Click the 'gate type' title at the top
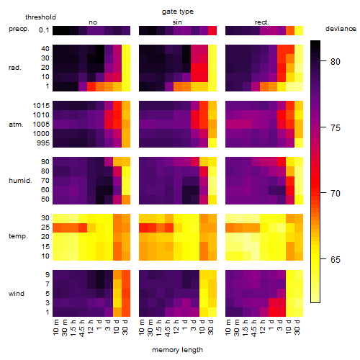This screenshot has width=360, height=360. pyautogui.click(x=178, y=12)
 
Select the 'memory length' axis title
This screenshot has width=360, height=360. pyautogui.click(x=177, y=350)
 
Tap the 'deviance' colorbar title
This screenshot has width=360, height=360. pyautogui.click(x=341, y=29)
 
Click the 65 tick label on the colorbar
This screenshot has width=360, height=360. pyautogui.click(x=336, y=259)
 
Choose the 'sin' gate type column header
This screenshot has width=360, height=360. pyautogui.click(x=177, y=22)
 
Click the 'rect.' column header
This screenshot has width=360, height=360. pyautogui.click(x=261, y=22)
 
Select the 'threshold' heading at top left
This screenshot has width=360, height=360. pyautogui.click(x=40, y=17)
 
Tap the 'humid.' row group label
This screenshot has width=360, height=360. pyautogui.click(x=20, y=180)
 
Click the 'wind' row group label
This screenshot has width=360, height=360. pyautogui.click(x=17, y=294)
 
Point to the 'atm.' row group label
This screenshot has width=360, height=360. pyautogui.click(x=16, y=125)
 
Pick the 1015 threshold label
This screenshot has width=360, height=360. pyautogui.click(x=41, y=105)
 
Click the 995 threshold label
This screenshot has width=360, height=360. pyautogui.click(x=43, y=143)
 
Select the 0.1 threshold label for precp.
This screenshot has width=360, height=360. pyautogui.click(x=44, y=30)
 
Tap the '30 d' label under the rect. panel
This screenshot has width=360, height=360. pyautogui.click(x=297, y=327)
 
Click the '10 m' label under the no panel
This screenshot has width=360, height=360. pyautogui.click(x=55, y=327)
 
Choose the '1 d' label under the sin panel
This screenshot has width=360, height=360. pyautogui.click(x=185, y=325)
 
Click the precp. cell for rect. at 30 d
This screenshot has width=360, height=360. pyautogui.click(x=299, y=30)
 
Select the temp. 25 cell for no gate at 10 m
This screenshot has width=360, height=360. pyautogui.click(x=57, y=228)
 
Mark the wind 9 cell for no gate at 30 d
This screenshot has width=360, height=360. pyautogui.click(x=126, y=275)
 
